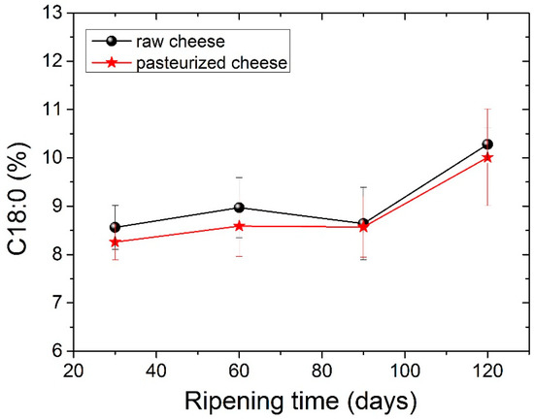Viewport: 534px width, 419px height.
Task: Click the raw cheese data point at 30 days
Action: (x=115, y=227)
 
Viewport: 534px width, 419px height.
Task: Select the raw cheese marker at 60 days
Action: (x=239, y=208)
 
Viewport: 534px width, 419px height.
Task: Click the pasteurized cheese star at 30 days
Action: (x=115, y=242)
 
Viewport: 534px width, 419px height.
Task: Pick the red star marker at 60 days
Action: (x=239, y=226)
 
